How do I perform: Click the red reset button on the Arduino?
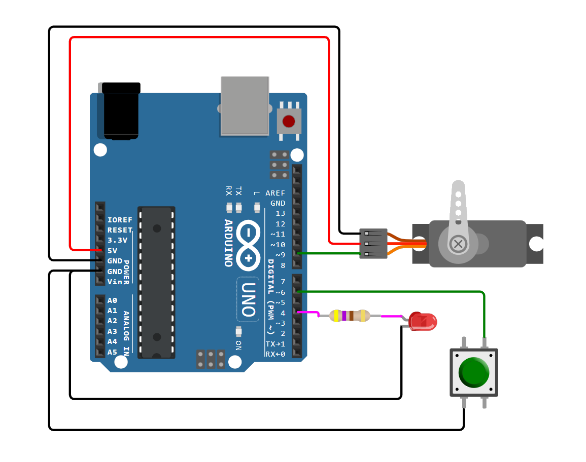(289, 121)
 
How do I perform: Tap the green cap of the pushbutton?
(474, 372)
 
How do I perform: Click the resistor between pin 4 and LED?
(350, 316)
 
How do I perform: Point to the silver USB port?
(245, 106)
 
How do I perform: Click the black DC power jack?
(121, 111)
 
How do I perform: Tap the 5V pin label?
(112, 251)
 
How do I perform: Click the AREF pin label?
(275, 193)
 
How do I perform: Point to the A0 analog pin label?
(112, 300)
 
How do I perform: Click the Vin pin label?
(114, 282)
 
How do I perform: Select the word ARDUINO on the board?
(228, 243)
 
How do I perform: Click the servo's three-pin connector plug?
(373, 244)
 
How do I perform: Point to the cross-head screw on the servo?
(459, 244)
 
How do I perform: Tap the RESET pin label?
(120, 230)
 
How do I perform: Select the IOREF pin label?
(120, 220)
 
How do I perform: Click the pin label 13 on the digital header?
(280, 213)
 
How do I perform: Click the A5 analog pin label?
(112, 352)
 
